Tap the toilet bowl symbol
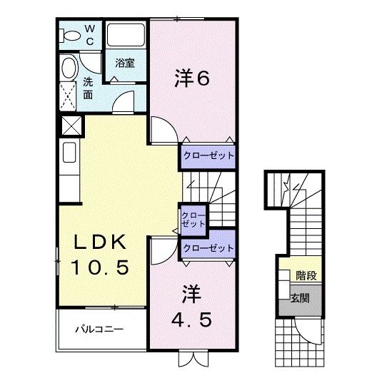click(71, 35)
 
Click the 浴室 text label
click(126, 63)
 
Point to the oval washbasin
click(69, 68)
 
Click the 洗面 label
click(88, 87)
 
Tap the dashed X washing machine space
click(69, 95)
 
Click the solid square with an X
click(69, 127)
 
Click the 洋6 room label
click(192, 79)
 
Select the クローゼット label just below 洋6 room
click(208, 154)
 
